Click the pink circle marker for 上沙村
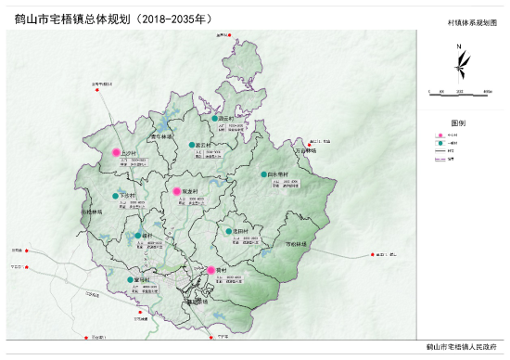point(116,152)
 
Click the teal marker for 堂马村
point(130,278)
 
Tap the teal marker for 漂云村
point(214,119)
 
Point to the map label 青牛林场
point(163,135)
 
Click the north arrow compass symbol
point(460,64)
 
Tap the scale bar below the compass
point(458,90)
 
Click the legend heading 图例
point(458,122)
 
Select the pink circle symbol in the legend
point(439,135)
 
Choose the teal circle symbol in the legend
point(439,144)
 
